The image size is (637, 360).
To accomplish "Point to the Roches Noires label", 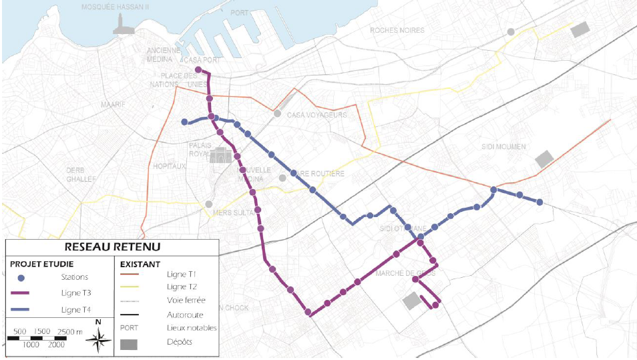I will pos(397,30).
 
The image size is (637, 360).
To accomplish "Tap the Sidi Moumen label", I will pos(503,146).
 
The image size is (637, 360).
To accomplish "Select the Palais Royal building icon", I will pos(220,156).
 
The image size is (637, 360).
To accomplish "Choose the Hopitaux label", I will pos(169,166).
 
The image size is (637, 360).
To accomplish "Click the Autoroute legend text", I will pos(186,315).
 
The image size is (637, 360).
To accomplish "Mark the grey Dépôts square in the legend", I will pos(130,344).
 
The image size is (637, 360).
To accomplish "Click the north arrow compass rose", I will pos(99,340).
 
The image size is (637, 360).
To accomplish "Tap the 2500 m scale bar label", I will pos(69,332).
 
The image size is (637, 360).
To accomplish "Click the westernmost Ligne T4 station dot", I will pos(184,122).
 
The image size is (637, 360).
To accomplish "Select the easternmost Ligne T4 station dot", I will pos(540,202).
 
